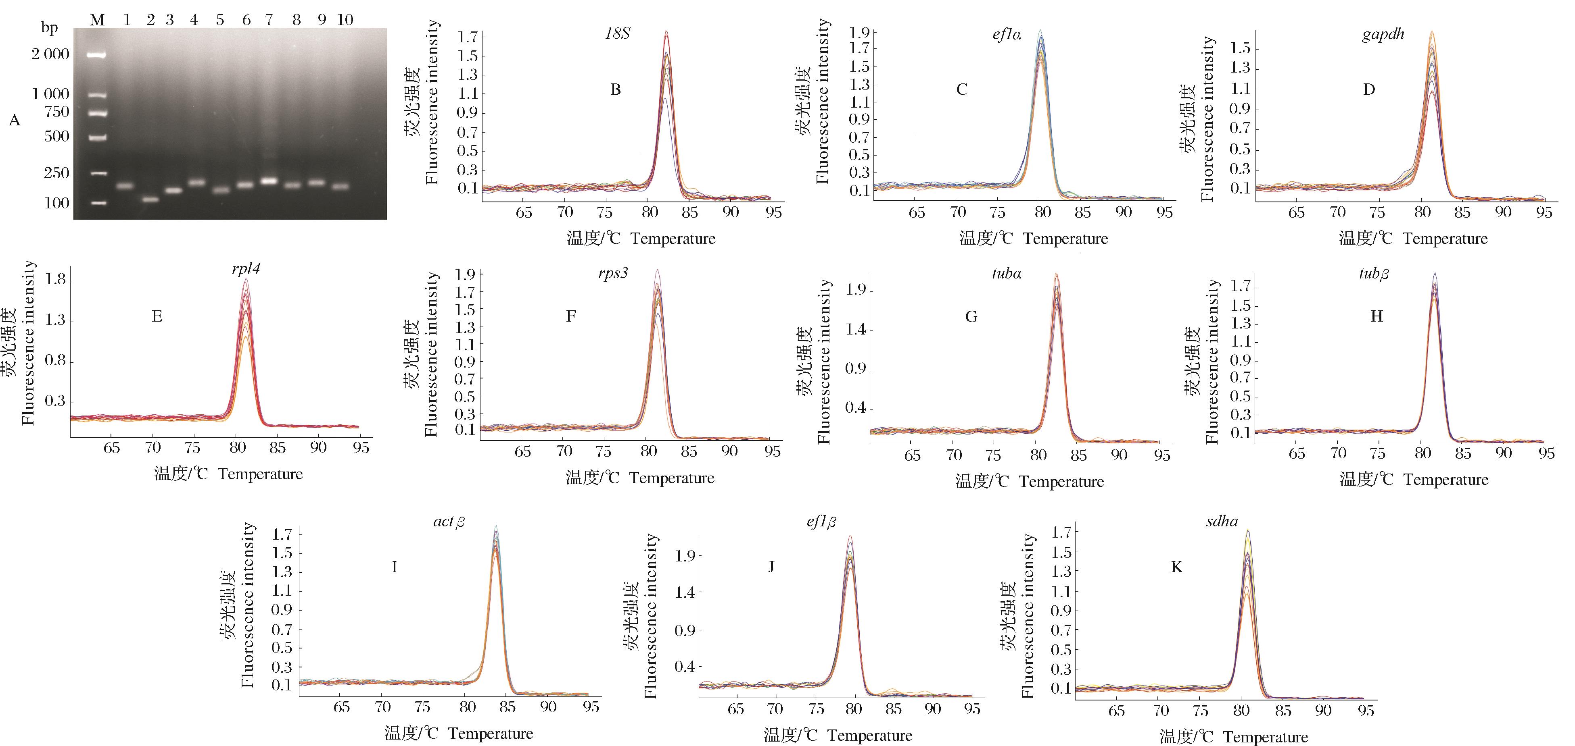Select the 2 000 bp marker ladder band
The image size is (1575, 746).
pos(96,54)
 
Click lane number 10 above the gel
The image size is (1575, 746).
pos(345,20)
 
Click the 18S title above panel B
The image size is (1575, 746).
pos(617,33)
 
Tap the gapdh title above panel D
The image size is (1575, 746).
pos(1383,34)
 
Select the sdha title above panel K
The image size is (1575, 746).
pos(1222,521)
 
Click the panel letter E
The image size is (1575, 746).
pos(157,316)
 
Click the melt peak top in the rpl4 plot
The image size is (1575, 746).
pos(246,281)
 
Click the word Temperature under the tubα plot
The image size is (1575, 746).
pos(1061,482)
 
